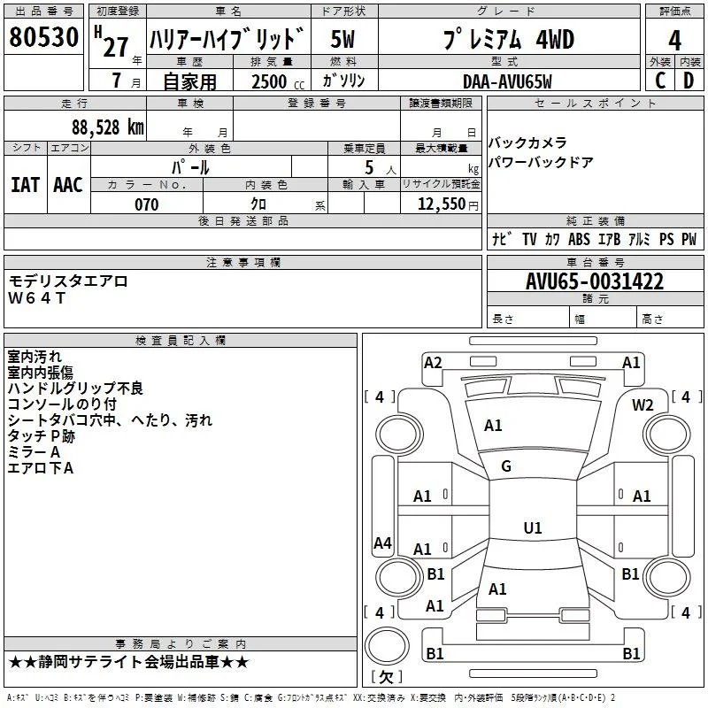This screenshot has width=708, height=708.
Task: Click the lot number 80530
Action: point(43,37)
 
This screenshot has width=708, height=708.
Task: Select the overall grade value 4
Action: point(674,40)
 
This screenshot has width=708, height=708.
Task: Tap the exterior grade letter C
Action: point(660,81)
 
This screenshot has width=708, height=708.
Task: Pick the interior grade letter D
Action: point(689,81)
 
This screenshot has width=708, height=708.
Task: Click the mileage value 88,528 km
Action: point(108,127)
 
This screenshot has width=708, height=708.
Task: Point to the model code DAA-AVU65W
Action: point(507,81)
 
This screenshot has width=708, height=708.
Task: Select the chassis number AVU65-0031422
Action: point(595,281)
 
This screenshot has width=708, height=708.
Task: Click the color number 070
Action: point(147,204)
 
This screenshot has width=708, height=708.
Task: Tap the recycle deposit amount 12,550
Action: point(442,204)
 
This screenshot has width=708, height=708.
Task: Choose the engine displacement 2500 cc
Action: point(278,81)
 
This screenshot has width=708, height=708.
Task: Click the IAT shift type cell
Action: point(26,185)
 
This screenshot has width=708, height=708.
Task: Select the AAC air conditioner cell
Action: point(68,185)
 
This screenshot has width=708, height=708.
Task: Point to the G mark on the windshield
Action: point(506,466)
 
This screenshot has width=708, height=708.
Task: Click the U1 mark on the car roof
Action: point(533,527)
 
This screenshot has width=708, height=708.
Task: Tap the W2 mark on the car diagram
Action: point(643,405)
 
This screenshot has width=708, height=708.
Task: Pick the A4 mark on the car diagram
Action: point(382,543)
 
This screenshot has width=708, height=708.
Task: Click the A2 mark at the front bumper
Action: point(433,363)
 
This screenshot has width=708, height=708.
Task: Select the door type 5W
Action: point(342,39)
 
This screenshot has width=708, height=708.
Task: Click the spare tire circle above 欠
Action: point(387,646)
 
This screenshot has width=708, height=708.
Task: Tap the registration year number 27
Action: point(116,47)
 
